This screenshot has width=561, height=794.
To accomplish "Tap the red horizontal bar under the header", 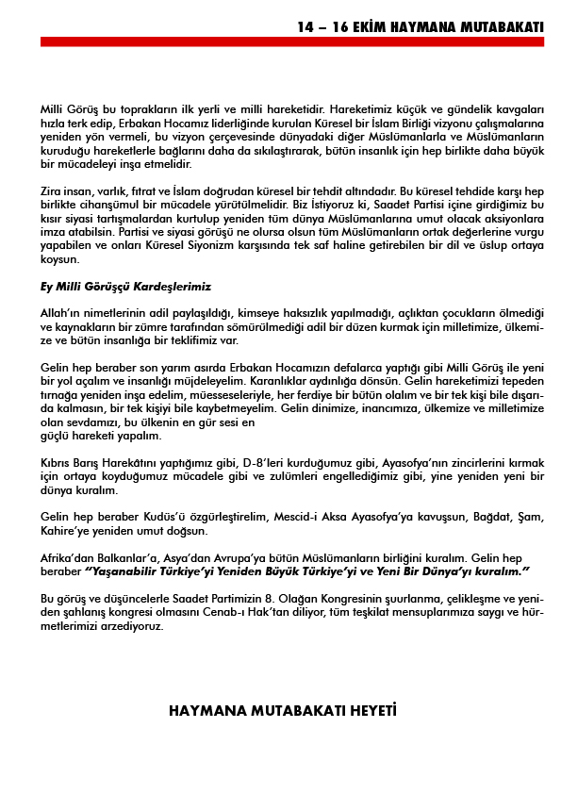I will pyautogui.click(x=293, y=41).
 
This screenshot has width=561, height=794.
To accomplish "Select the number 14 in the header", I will pyautogui.click(x=305, y=27).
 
